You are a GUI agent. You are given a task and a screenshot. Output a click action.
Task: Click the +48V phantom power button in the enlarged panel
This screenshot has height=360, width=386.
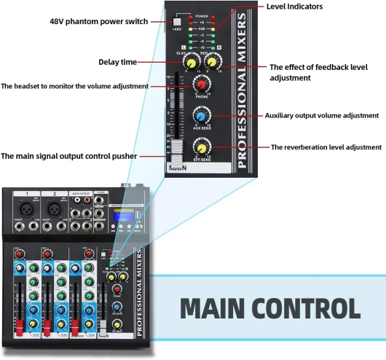click(178, 21)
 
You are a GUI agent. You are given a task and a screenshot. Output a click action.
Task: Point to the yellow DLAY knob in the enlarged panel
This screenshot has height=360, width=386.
click(191, 63)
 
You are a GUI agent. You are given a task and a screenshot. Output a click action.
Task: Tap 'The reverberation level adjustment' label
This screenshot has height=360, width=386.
click(326, 147)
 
